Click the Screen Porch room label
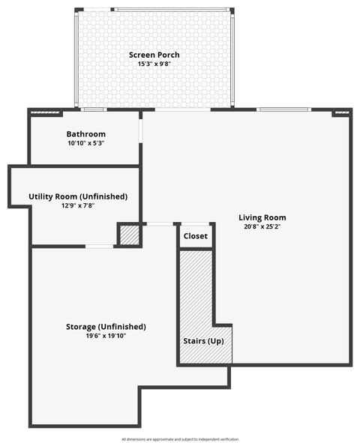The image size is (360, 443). pyautogui.click(x=154, y=55)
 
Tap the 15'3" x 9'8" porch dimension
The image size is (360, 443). pyautogui.click(x=154, y=64)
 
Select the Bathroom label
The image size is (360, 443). pyautogui.click(x=85, y=134)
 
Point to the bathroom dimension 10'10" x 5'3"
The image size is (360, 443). pyautogui.click(x=85, y=143)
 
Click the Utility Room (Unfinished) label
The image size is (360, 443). pyautogui.click(x=78, y=196)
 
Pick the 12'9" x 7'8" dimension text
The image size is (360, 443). pyautogui.click(x=78, y=205)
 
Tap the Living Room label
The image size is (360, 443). pyautogui.click(x=262, y=218)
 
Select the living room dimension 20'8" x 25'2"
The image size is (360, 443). pyautogui.click(x=262, y=227)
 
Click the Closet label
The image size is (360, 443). pyautogui.click(x=196, y=236)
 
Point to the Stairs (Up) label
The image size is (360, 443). pyautogui.click(x=203, y=341)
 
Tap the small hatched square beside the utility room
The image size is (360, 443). pyautogui.click(x=130, y=235)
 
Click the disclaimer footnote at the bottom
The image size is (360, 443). pyautogui.click(x=180, y=439)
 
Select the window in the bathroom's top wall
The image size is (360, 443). pyautogui.click(x=94, y=110)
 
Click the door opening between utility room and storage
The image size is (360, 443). pyautogui.click(x=99, y=246)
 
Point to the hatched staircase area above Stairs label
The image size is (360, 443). pyautogui.click(x=196, y=289)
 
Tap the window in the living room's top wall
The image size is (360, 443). pyautogui.click(x=283, y=110)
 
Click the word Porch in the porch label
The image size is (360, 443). pyautogui.click(x=167, y=55)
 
